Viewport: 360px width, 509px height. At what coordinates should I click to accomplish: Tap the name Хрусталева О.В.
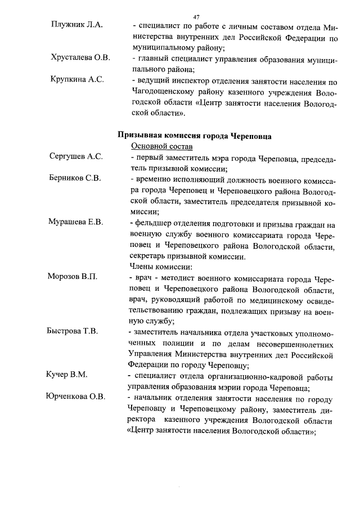point(80,58)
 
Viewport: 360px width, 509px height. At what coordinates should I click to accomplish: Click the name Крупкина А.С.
point(76,80)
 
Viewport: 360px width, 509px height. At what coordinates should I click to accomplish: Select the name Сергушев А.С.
point(75,157)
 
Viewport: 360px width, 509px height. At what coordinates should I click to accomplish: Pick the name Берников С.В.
point(75,179)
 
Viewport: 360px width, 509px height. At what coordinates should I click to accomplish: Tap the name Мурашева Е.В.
point(75,223)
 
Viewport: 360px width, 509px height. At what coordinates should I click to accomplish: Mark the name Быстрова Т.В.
point(73,331)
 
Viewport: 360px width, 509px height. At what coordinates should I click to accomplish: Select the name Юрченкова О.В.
point(75,397)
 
